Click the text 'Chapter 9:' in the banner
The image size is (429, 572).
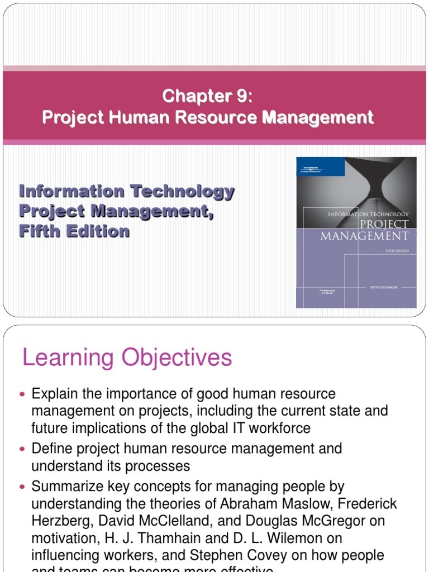(207, 97)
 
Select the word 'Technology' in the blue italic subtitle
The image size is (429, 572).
(182, 192)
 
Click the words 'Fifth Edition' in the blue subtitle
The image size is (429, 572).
(74, 231)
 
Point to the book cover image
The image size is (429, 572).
(356, 232)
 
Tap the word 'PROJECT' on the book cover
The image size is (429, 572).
(384, 224)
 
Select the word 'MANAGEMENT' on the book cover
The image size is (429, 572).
(365, 235)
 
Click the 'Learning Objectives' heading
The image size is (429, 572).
(127, 357)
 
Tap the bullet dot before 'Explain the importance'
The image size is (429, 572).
(23, 394)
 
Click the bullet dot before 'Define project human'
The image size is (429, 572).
(23, 449)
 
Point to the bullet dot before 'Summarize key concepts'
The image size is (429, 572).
(23, 487)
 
